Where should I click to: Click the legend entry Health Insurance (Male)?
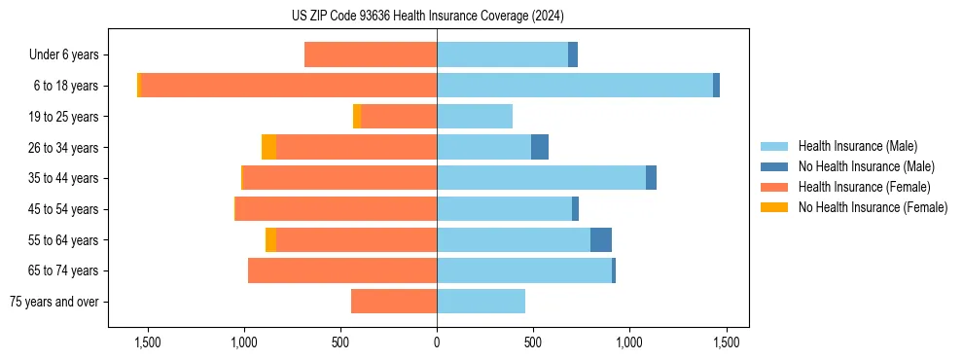point(857,146)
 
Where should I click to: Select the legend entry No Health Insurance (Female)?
point(873,207)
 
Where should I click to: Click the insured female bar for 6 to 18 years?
point(288,86)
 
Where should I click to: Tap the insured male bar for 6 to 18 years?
point(574,86)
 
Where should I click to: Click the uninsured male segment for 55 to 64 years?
point(601,239)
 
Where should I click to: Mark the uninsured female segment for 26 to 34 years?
point(268,147)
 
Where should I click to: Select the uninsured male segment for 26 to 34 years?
point(540,147)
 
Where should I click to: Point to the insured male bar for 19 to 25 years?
point(475,117)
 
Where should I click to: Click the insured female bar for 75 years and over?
point(394,302)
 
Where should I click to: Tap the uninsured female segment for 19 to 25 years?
point(357,117)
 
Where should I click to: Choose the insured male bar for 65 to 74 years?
point(524,270)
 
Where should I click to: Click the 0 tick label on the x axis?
point(437,342)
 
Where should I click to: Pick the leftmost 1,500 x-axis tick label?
point(148,342)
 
